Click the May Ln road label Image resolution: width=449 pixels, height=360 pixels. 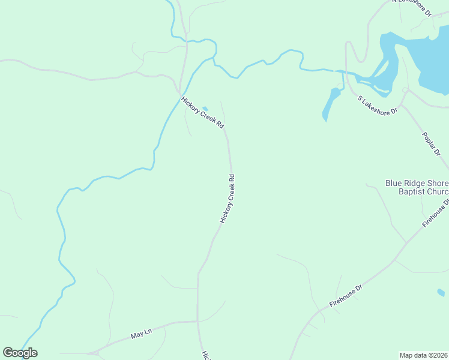click(x=142, y=334)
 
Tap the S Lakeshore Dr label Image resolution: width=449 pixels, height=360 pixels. click(x=378, y=104)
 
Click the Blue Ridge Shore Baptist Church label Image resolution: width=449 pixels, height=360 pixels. click(x=417, y=187)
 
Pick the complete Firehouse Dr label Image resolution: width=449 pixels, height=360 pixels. click(x=347, y=297)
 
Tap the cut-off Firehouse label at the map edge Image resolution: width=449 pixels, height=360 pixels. click(x=436, y=214)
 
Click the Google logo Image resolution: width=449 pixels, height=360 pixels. click(x=20, y=353)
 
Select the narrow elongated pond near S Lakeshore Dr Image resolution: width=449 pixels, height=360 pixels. click(x=331, y=103)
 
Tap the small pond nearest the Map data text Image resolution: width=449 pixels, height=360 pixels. click(x=441, y=293)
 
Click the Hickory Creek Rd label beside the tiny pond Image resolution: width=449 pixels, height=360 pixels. click(x=202, y=113)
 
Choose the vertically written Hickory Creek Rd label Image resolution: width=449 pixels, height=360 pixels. click(x=227, y=199)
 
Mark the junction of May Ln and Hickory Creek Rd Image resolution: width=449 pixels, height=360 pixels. click(x=197, y=322)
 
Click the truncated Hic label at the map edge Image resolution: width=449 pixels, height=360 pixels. click(x=205, y=355)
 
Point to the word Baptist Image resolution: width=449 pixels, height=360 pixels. click(x=414, y=192)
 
